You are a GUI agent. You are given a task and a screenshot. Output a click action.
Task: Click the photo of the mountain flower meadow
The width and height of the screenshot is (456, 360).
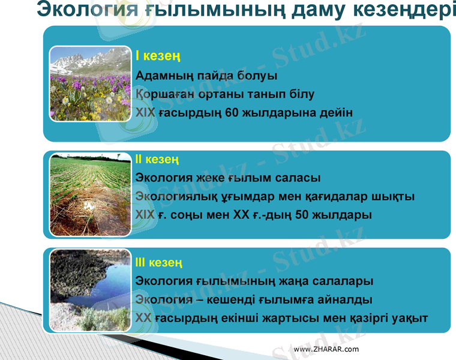[90, 84]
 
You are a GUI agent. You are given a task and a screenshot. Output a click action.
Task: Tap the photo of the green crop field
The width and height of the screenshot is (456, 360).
[90, 194]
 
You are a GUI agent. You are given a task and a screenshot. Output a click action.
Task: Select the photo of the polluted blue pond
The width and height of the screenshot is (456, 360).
[90, 290]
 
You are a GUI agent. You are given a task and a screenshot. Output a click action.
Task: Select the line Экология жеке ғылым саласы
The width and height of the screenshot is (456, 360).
[228, 178]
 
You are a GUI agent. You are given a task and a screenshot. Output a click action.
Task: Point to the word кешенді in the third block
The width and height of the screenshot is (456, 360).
[234, 299]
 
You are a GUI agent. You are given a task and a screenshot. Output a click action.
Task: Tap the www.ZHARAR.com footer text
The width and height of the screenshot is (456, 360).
[326, 349]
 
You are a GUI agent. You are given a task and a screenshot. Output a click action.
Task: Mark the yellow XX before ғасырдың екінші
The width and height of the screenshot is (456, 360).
[143, 318]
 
